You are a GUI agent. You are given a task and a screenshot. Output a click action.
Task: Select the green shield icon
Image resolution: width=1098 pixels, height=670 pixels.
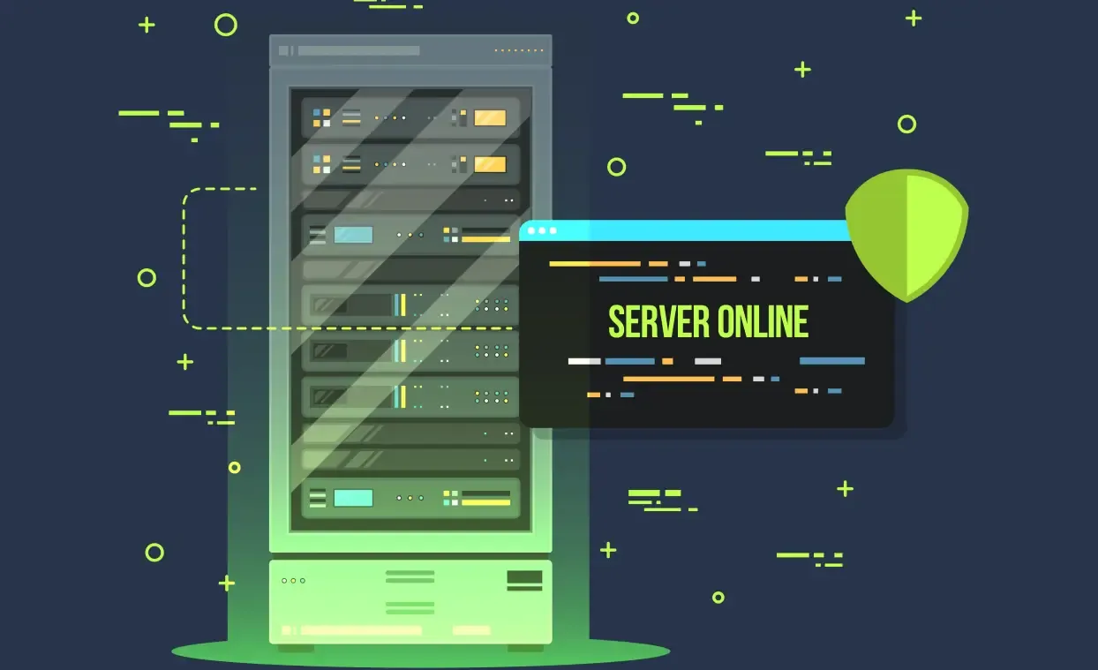[x=906, y=236]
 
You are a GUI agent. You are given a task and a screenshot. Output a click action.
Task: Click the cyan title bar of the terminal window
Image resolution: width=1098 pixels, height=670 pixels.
[x=687, y=231]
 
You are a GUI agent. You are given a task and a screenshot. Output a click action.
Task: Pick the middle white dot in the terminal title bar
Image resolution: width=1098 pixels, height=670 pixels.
[x=542, y=231]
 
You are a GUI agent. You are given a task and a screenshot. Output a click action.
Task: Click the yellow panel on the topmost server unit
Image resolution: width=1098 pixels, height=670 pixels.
[x=490, y=118]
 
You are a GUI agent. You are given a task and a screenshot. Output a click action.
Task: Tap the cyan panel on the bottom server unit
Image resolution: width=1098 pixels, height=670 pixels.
[x=353, y=498]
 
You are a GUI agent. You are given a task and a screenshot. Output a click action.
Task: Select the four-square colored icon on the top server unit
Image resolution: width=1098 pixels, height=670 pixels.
[x=321, y=118]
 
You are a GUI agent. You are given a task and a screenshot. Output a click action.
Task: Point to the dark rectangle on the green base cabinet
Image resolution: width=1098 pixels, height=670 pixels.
[x=524, y=577]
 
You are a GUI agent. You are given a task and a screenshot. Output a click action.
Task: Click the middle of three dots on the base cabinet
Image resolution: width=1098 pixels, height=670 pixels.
[x=293, y=581]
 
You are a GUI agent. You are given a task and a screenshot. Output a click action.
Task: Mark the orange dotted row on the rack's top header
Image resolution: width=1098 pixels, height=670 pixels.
[x=519, y=50]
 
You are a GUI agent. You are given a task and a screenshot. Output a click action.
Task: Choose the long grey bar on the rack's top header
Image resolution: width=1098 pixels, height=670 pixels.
[x=359, y=50]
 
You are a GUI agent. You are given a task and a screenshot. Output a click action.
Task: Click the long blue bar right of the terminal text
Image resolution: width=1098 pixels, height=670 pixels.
[x=831, y=361]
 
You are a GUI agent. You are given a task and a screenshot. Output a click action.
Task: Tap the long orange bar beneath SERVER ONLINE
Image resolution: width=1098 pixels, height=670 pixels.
[x=669, y=379]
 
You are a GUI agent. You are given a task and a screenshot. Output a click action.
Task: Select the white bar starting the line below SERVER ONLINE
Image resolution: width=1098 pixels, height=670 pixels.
[x=584, y=361]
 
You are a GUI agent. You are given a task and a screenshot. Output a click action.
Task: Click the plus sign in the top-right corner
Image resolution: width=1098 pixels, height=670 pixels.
[x=914, y=19]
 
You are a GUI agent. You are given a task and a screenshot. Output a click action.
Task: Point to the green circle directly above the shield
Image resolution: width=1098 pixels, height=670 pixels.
[x=906, y=124]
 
